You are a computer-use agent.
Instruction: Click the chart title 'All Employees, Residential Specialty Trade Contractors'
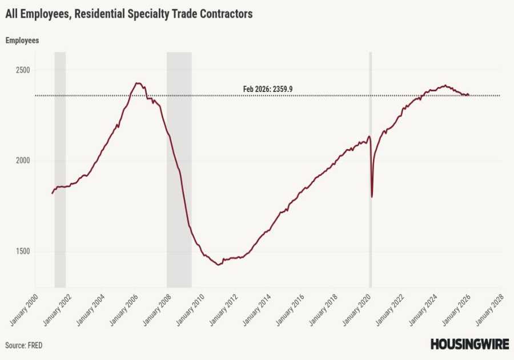coord(128,14)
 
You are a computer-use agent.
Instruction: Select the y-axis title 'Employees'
coord(22,41)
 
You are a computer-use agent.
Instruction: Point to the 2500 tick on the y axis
coord(22,70)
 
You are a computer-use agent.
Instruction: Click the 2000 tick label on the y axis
coord(22,161)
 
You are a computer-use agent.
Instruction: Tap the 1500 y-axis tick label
coord(22,251)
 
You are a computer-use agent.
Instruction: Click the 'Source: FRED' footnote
coord(24,345)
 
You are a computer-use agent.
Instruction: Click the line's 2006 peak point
coord(137,83)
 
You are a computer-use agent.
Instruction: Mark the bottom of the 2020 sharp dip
coord(372,197)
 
